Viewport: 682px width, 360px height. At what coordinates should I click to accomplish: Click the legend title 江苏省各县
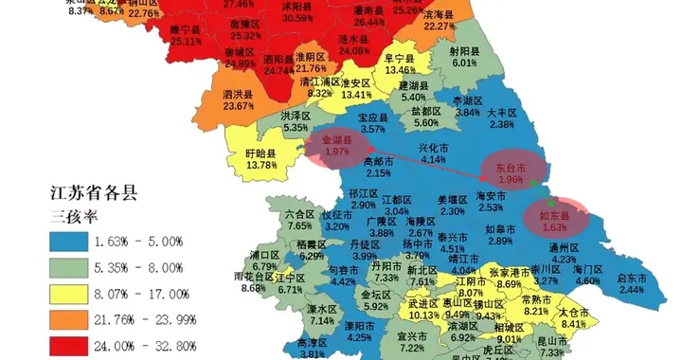point(94,192)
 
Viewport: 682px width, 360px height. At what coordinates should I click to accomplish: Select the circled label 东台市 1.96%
point(510,173)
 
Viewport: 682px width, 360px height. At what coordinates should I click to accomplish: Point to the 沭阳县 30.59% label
point(298,11)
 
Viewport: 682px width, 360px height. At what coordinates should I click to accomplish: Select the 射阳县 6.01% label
point(464,57)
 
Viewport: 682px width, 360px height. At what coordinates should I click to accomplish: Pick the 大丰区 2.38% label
point(502,117)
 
